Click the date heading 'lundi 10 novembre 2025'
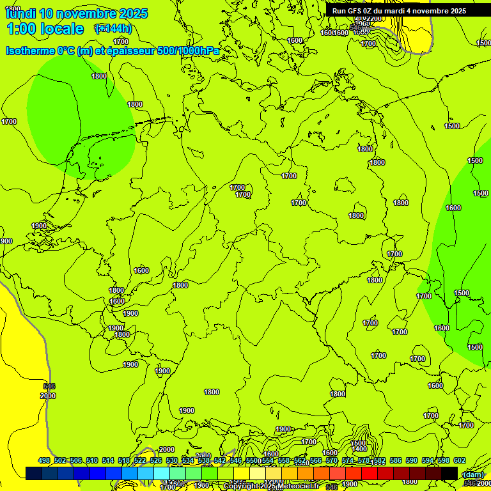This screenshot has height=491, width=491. click(x=77, y=13)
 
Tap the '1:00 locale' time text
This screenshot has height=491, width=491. click(x=45, y=29)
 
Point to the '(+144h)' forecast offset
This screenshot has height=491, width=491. click(x=113, y=28)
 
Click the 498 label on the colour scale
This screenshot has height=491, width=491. click(x=44, y=461)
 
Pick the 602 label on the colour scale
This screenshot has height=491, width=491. click(x=460, y=461)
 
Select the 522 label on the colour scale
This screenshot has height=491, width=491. click(x=140, y=461)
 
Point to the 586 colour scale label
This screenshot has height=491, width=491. click(x=396, y=461)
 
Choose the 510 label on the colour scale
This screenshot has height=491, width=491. click(x=92, y=461)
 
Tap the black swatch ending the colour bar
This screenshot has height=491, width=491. click(x=449, y=473)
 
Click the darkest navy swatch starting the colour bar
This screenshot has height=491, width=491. click(x=34, y=473)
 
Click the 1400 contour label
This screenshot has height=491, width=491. click(x=359, y=449)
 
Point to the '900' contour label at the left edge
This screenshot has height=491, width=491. click(x=6, y=242)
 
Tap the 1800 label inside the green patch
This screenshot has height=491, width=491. click(x=99, y=76)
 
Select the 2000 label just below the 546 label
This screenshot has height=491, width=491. click(x=48, y=396)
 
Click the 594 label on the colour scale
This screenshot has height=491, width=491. click(x=428, y=461)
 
